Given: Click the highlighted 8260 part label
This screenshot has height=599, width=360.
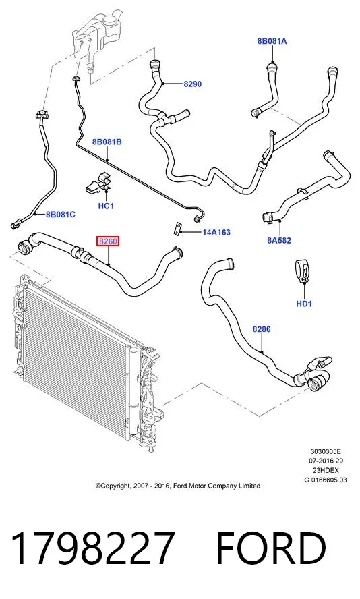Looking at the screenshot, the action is coord(108,241).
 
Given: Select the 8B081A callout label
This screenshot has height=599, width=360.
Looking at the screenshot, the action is coord(272,41).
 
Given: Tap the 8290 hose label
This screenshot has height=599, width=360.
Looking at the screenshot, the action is coord(192,84).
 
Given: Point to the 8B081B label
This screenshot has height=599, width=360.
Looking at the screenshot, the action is coord(107,142).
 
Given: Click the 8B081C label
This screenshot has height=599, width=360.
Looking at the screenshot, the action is coord(61,215).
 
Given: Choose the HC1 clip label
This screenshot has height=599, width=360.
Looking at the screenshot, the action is coord(106,206).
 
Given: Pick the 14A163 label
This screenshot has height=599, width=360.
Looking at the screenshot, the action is coord(216,232).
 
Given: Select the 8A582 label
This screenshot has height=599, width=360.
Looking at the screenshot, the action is coord(279,240).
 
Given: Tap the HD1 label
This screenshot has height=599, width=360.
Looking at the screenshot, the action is coord(304,304).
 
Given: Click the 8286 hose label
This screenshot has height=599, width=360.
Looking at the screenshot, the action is coord(262,329).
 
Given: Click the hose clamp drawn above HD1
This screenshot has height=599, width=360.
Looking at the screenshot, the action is coord(303,271).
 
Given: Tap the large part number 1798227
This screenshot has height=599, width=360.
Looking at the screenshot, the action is coord(93,548).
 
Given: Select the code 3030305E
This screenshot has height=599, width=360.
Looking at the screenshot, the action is coord(326,451).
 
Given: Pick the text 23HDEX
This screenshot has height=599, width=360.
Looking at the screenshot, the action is coord(326,470).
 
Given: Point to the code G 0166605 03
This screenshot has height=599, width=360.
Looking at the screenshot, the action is coord(326,480).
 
